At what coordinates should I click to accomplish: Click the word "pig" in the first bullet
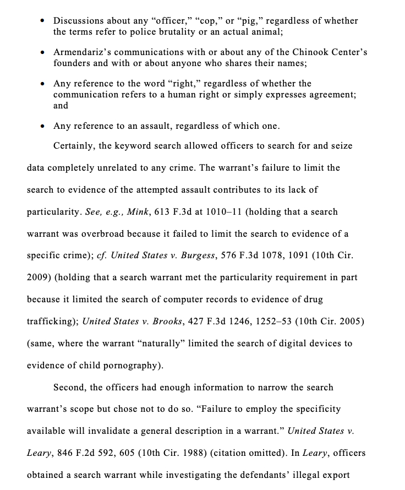[x=249, y=21]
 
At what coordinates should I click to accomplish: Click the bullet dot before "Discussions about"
[x=42, y=21]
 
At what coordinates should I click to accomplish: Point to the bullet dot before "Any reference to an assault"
[x=42, y=126]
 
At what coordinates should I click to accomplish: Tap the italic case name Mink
[x=137, y=212]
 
